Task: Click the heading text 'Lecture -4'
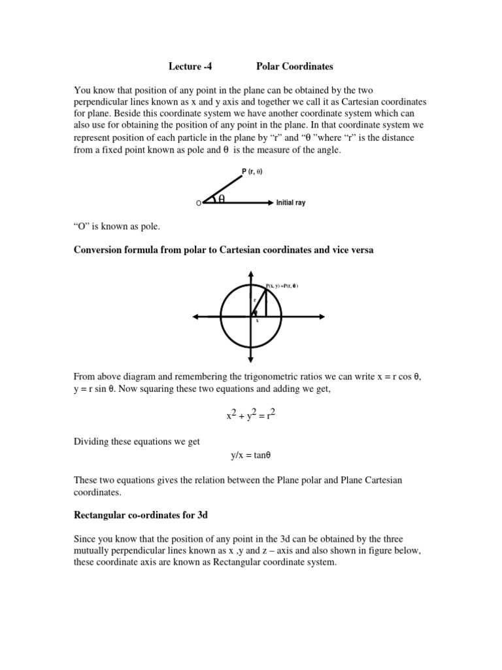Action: click(190, 66)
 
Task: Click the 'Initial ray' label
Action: click(291, 203)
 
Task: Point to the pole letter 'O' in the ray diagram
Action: click(199, 204)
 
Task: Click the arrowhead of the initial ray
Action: click(270, 203)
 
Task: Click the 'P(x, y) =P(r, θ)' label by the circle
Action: click(282, 285)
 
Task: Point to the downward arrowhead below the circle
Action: click(252, 360)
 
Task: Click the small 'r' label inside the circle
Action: click(254, 300)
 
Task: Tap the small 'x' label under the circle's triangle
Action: click(257, 321)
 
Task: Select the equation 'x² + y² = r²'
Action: click(251, 415)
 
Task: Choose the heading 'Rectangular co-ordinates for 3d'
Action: click(141, 515)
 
